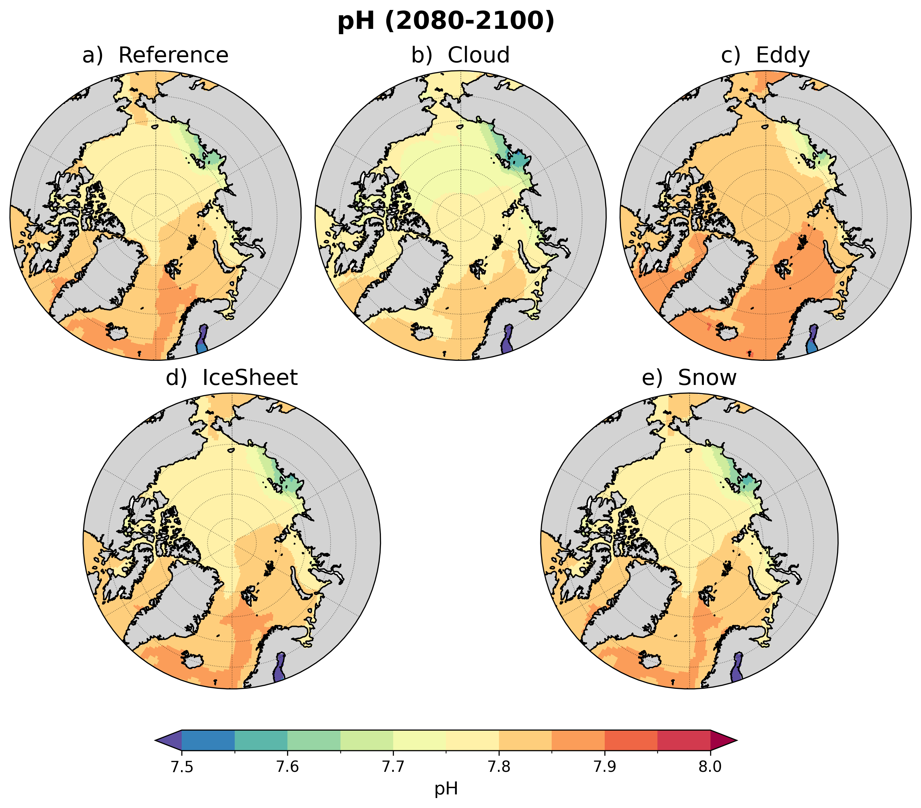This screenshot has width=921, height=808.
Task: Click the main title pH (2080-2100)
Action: [446, 21]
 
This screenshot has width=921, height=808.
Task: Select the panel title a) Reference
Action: [155, 55]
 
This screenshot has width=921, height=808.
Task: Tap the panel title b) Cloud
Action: [460, 55]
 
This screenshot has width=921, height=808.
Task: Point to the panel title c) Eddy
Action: [765, 55]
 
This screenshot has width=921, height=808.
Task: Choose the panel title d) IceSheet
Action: [232, 378]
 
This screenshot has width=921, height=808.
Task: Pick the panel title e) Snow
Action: [689, 378]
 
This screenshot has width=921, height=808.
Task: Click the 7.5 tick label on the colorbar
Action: [182, 767]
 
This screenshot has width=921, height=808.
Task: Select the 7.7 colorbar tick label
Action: [393, 767]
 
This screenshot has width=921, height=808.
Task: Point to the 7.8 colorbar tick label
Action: [499, 767]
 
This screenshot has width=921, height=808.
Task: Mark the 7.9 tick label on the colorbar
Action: [605, 767]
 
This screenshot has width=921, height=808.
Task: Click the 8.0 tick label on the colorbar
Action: [710, 767]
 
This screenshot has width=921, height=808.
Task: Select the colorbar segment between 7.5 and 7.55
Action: [208, 740]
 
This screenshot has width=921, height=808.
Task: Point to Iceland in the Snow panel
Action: [650, 660]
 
